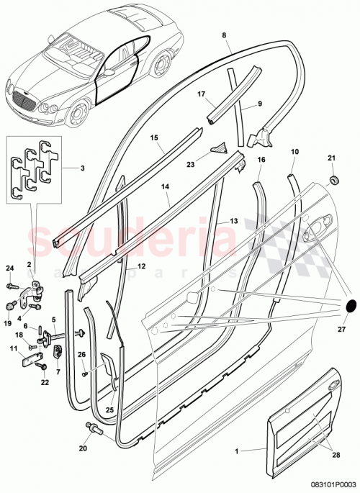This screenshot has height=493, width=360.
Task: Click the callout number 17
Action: coord(202,93)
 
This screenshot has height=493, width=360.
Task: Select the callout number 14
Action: coord(165,186)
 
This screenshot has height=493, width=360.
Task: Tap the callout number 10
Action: coord(294,152)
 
